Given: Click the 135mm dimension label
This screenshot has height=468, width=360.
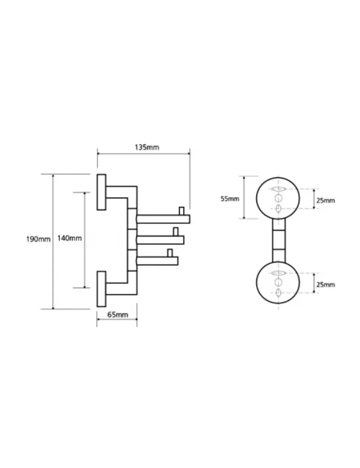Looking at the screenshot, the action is coord(146,147).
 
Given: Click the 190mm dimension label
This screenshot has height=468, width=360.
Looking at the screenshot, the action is coord(38,239).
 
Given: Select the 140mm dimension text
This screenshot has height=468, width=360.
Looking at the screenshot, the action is coord(70,238).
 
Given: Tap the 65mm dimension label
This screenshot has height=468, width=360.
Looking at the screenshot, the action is coord(118,314).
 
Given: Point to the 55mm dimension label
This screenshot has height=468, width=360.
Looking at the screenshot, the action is coord(230,198).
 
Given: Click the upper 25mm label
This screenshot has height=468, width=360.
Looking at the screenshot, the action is coord(326,200).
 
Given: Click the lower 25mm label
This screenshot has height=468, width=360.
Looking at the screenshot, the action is coord(326,284).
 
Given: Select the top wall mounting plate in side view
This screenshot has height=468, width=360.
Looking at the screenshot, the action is coord(101,192).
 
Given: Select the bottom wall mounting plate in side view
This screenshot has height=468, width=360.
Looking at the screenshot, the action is coord(101,289).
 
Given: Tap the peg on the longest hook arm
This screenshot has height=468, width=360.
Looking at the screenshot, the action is coord(181,211).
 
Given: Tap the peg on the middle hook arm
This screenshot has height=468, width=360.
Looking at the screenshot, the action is coord(176,232).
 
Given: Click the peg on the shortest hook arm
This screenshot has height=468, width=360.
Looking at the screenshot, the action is coord(170,253).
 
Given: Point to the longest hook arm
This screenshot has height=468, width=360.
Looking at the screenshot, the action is coord(163,219).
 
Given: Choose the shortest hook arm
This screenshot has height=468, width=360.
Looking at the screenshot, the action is coord(157,261).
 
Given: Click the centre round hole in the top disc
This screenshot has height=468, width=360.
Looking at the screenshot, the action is coord(279,197).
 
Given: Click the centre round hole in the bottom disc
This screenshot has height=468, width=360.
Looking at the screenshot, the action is coord(279,282).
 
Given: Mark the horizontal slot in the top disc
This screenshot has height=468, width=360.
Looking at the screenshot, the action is coord(279,189).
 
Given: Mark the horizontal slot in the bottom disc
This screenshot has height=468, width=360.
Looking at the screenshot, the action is coord(279,273).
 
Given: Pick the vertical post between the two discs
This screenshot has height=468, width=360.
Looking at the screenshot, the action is coord(279,241).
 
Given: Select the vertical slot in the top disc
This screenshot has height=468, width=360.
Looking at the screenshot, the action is coord(279,208).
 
